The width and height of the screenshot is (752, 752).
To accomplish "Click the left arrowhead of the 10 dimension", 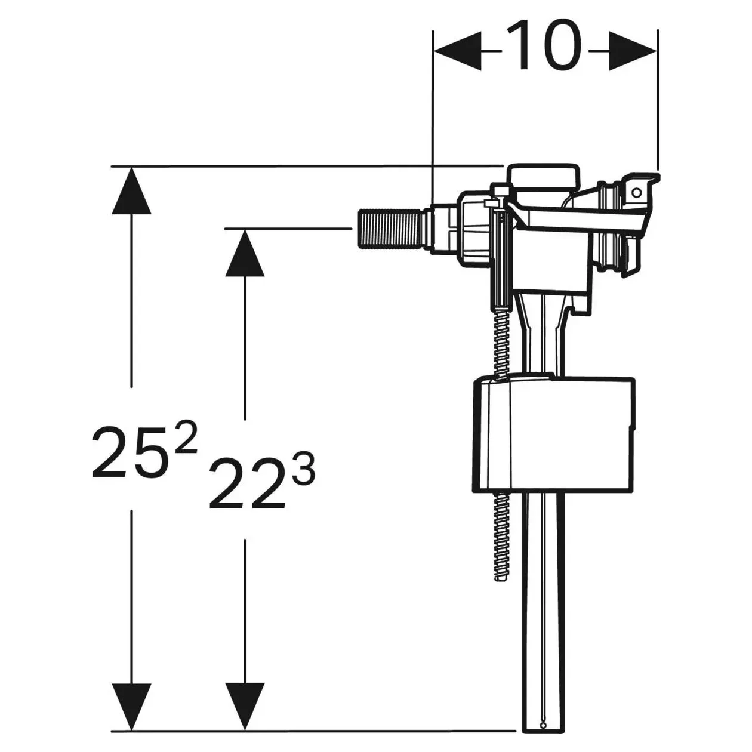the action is [458, 51].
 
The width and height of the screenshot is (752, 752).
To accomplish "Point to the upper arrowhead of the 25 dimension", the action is [131, 190].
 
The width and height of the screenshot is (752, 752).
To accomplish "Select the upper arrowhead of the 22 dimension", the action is [245, 253].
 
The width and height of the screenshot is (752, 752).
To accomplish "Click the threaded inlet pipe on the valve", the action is [391, 229].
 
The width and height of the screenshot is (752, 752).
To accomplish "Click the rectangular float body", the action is [553, 433].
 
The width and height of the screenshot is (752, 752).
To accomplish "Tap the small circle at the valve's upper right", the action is [636, 192].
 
